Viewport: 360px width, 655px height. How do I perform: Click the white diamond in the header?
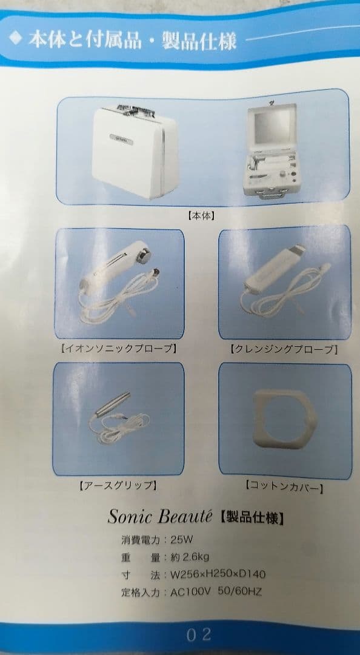point(15,39)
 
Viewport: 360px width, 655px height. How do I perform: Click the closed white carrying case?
point(135,152)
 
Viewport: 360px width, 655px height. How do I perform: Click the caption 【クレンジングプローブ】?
point(283,349)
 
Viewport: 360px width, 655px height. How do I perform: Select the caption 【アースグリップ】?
point(119,485)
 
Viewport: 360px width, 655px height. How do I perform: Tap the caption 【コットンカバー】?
point(284,486)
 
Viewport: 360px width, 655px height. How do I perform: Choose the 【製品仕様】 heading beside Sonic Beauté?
point(251,517)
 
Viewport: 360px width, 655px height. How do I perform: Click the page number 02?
point(198,635)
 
